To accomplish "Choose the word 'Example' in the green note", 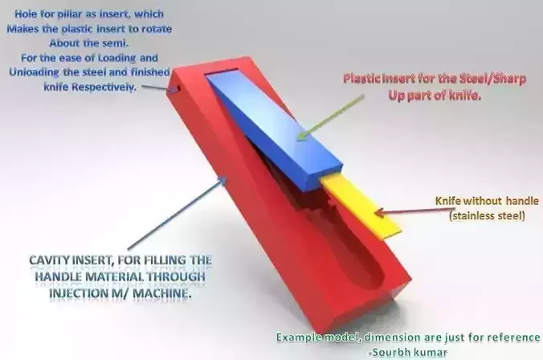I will tap(303, 337).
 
